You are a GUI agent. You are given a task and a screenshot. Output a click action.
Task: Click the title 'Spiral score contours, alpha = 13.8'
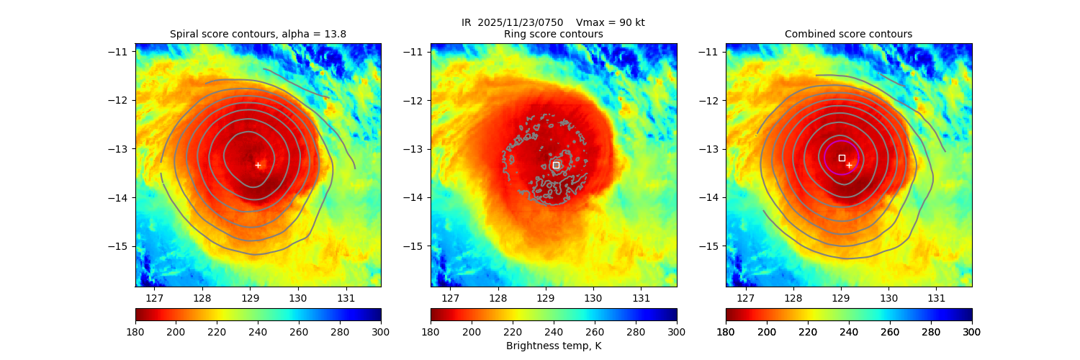point(258,34)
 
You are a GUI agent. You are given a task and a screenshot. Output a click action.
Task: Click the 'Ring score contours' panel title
point(553,34)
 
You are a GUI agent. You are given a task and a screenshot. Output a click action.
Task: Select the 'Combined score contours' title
point(848,34)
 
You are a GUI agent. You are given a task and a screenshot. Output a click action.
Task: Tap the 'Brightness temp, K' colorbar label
point(553,346)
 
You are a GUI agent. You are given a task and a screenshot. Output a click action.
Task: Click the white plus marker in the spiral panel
point(258,165)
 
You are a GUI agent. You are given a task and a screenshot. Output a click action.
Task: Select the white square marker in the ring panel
point(556,165)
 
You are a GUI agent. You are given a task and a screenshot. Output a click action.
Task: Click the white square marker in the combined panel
point(842,157)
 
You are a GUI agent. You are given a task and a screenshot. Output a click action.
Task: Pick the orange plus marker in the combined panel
point(849,165)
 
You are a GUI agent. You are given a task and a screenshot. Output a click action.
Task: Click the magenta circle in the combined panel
point(825,157)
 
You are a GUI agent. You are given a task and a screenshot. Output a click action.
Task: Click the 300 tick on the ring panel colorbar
point(676,331)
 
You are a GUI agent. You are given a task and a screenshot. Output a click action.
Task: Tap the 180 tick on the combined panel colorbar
point(726,331)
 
